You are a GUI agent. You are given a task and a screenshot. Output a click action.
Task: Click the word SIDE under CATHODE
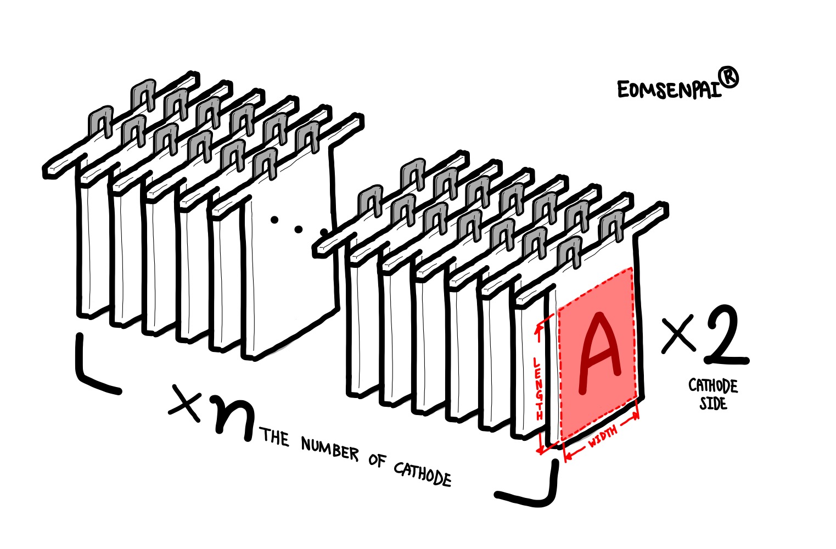[x=712, y=404]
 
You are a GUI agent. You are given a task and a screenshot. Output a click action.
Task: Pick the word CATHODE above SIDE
[x=713, y=386]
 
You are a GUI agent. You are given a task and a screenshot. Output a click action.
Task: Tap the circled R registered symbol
[x=728, y=80]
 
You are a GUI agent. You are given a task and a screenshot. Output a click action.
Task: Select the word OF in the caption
[x=377, y=460]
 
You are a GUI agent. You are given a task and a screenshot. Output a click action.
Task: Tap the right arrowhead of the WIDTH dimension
[x=637, y=415]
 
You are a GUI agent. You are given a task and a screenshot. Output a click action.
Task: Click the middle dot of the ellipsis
[x=299, y=227]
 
